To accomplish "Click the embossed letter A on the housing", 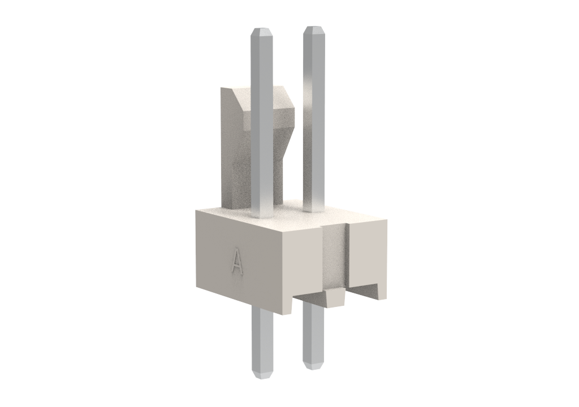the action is click(237, 262).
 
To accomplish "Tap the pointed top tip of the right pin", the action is click(314, 27).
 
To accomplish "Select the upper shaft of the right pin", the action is click(314, 119).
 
